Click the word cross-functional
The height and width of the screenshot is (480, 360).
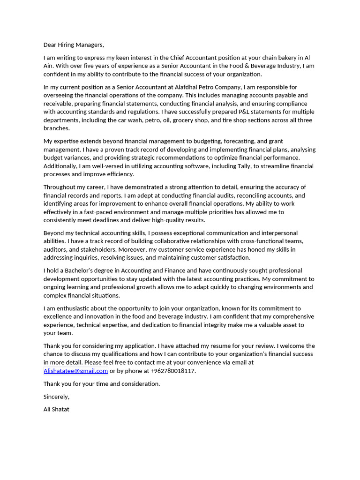(262, 241)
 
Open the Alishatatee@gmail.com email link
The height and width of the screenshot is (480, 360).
(75, 371)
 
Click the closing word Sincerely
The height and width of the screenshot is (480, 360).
(56, 397)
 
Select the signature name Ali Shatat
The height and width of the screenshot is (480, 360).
(56, 409)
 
